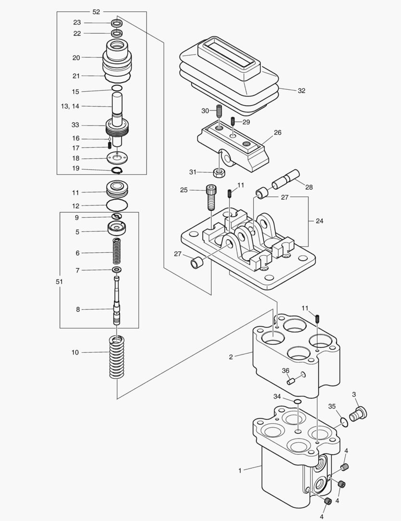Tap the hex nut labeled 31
point(220,172)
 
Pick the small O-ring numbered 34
point(298,401)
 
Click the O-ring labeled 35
point(343,422)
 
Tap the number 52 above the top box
point(96,12)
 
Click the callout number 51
point(52,281)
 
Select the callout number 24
point(319,221)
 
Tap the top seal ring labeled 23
point(116,23)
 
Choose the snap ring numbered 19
point(117,170)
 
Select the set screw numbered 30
point(219,111)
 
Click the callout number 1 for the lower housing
point(240,468)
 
